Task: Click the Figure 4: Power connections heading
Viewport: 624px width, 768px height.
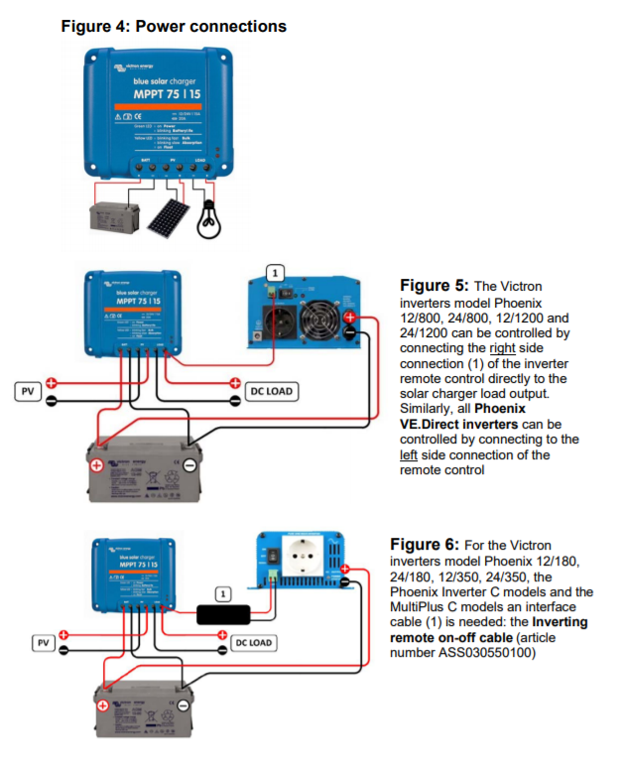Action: [174, 26]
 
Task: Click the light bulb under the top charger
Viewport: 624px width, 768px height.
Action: [208, 215]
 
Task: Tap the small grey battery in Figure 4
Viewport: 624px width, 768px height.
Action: [111, 217]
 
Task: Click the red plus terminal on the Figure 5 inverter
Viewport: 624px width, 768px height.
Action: [350, 319]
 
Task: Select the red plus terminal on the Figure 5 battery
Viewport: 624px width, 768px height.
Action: [97, 465]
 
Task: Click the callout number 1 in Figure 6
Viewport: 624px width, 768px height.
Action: [222, 593]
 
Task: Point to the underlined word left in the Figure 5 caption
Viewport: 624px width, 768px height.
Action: [409, 454]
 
